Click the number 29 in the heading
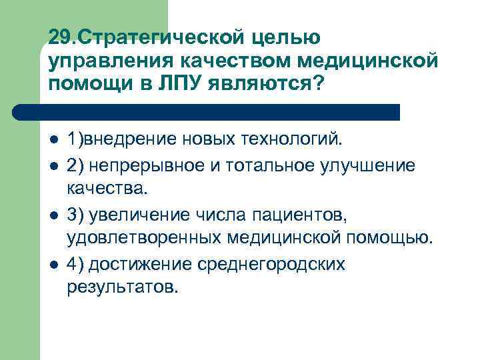pos(58,37)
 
